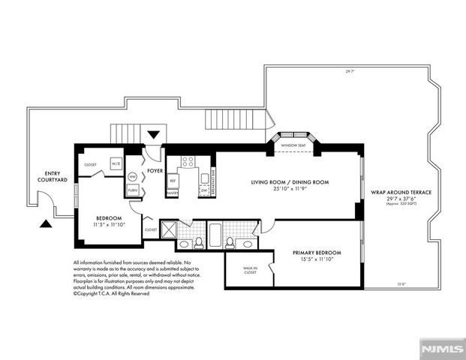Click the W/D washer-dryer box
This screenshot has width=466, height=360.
click(116, 163)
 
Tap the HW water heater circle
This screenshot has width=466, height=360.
click(132, 176)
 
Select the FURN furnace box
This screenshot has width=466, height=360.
click(132, 190)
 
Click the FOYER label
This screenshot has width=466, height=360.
click(155, 171)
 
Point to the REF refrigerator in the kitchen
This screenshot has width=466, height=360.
click(173, 181)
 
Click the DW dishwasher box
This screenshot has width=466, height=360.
click(203, 190)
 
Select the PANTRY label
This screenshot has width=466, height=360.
click(172, 193)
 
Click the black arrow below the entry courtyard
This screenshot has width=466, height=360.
click(47, 223)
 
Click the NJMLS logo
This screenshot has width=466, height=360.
click(441, 349)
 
